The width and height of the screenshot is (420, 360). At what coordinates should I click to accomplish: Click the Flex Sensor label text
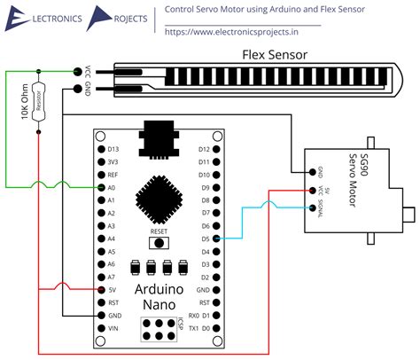point(275,55)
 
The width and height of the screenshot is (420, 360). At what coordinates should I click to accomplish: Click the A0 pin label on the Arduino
point(111,188)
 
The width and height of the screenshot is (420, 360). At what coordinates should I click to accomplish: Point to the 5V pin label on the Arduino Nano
point(111,290)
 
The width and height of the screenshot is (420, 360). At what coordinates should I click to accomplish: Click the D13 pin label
point(112,149)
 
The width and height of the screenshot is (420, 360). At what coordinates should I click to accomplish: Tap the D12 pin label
point(204,149)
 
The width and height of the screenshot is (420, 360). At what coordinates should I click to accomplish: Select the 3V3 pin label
point(112,162)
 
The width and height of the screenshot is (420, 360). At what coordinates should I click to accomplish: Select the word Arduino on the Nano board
point(159,290)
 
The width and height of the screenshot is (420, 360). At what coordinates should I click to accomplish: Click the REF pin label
point(112,175)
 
